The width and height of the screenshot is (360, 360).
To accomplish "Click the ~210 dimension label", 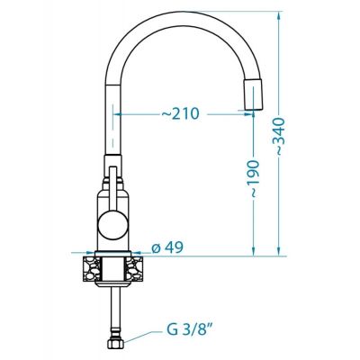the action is click(180, 114).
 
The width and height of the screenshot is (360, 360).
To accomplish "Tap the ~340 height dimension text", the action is click(279, 137).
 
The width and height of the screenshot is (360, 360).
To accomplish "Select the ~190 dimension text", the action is click(254, 179).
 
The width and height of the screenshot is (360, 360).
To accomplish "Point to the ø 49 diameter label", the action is click(167, 247).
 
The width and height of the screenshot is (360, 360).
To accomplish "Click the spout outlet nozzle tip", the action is click(255, 94).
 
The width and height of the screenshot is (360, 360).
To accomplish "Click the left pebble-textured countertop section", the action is click(93, 268).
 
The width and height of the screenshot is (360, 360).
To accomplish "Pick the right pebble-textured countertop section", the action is click(133, 268).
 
